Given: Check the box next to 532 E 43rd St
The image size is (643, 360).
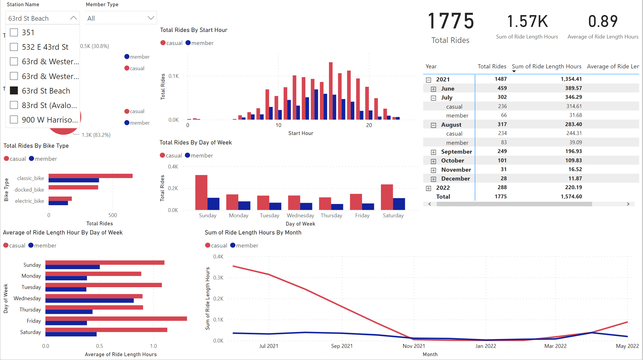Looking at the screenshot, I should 14,47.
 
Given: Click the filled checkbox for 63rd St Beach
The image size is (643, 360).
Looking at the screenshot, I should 14,91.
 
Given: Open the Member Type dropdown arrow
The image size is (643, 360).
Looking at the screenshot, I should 151,18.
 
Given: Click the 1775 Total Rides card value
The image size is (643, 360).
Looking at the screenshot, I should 451,21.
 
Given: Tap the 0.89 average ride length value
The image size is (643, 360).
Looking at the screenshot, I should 603,22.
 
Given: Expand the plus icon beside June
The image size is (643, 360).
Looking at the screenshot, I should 433,89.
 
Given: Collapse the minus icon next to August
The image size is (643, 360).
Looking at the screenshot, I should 433,125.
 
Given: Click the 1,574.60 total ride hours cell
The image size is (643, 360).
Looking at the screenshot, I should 571,197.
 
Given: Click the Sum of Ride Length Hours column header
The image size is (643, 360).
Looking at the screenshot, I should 546,66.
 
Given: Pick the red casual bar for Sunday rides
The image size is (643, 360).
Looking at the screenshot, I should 201,192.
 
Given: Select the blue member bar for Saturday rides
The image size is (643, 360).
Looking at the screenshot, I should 399,204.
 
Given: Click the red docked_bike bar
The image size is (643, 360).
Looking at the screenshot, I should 73,187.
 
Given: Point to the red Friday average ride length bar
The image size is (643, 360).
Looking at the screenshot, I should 116,319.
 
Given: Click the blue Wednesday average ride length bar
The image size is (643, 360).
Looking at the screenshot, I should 89,300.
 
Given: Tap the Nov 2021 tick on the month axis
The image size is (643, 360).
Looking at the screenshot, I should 414,346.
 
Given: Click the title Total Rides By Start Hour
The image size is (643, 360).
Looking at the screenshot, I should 194,30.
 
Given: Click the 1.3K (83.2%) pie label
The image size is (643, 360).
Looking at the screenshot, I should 96,135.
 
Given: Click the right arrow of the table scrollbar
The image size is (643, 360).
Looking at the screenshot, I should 628,204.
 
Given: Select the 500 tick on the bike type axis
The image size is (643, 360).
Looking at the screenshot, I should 112,215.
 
